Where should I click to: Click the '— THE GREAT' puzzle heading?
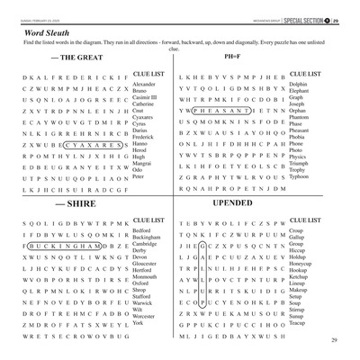78,58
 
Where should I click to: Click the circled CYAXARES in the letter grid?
90,143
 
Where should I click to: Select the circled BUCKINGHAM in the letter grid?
65,246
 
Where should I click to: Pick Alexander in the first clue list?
144,84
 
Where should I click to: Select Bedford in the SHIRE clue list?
143,230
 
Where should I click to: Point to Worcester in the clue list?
145,317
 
